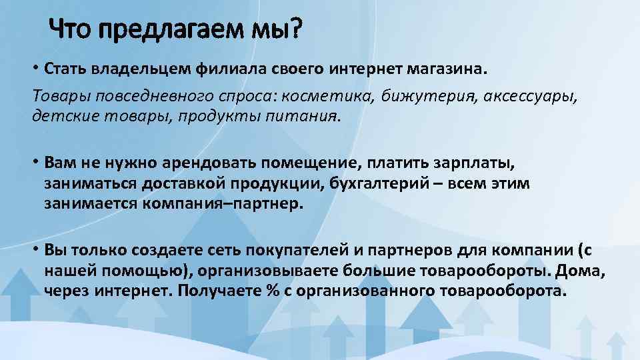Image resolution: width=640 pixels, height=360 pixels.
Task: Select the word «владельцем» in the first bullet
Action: pos(137,69)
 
